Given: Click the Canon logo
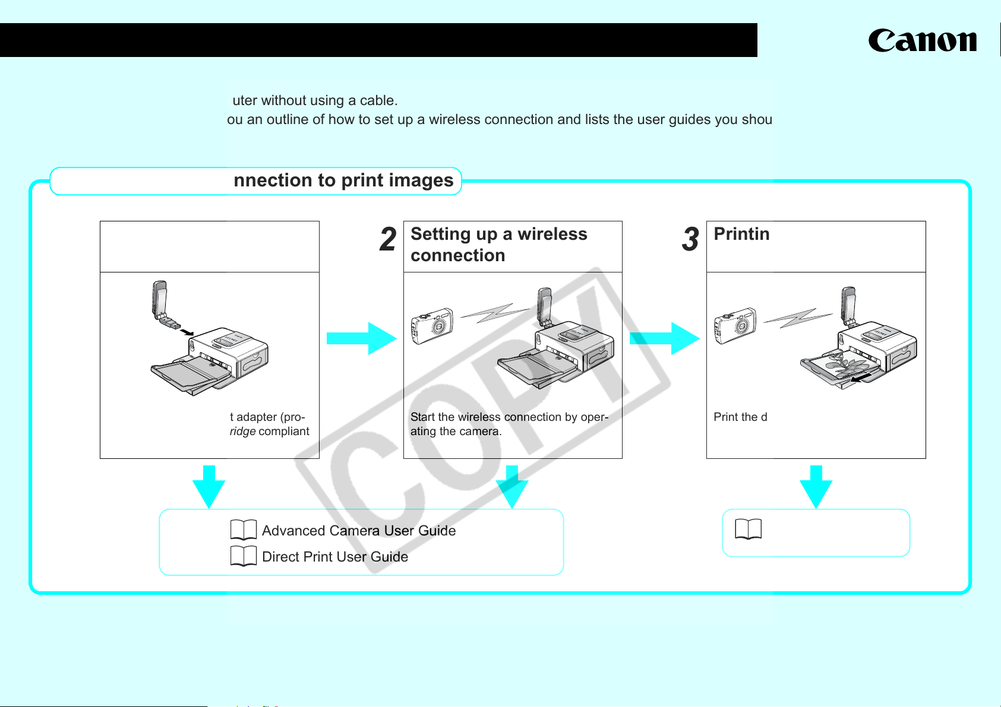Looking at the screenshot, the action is point(922,41).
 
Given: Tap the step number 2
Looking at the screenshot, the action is point(388,240).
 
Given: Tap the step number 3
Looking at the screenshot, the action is point(690,240).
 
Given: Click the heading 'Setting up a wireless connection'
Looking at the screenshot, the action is point(498,245).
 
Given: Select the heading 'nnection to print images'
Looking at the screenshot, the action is point(343,180).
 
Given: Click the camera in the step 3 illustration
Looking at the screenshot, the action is point(735,325).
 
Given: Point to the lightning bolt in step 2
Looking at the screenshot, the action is point(494,313).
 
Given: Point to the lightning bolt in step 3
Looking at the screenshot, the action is point(798,318).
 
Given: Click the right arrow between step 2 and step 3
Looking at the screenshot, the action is point(664,338).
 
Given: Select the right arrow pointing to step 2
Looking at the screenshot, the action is point(361,338).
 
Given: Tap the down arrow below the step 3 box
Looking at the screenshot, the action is point(816,487).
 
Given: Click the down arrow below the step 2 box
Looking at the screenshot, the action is point(512,487).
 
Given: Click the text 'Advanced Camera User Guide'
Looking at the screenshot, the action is point(359,531).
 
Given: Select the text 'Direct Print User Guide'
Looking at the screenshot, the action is point(335,557).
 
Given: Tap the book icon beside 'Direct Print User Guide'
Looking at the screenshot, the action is point(244,556).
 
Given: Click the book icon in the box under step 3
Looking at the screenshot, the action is point(748,529).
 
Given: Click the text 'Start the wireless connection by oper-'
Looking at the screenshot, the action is point(509,417).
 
